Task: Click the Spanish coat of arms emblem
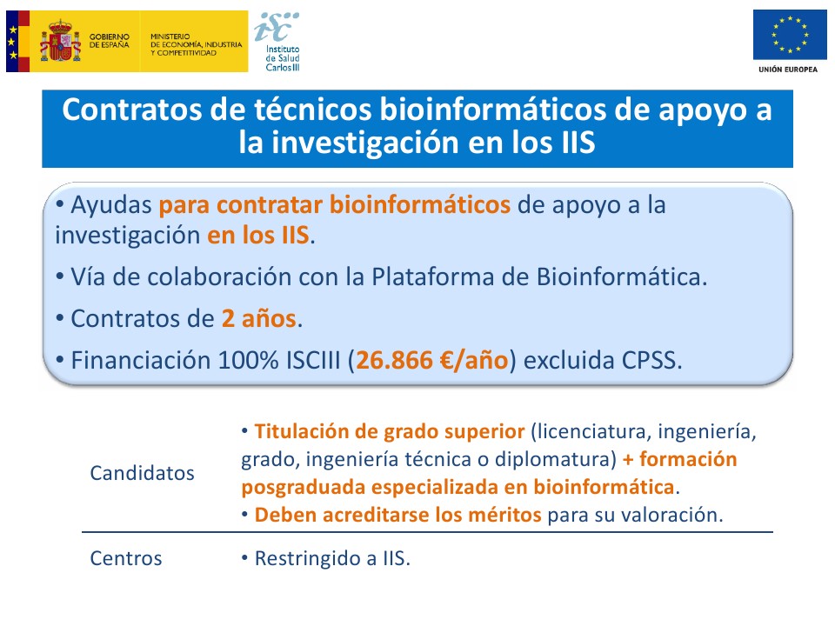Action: [x=60, y=41]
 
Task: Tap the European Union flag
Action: [x=790, y=35]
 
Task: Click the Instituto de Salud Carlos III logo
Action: [x=277, y=42]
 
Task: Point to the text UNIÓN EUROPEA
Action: [x=788, y=70]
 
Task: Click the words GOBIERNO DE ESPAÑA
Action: [x=110, y=41]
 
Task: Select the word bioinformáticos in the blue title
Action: [x=492, y=110]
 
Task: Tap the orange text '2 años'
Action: [x=258, y=319]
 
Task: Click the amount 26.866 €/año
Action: [x=432, y=360]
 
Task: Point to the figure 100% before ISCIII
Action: [x=248, y=360]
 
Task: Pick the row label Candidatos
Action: [x=142, y=473]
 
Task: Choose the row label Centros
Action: [x=126, y=558]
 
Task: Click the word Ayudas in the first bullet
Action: [x=111, y=205]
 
